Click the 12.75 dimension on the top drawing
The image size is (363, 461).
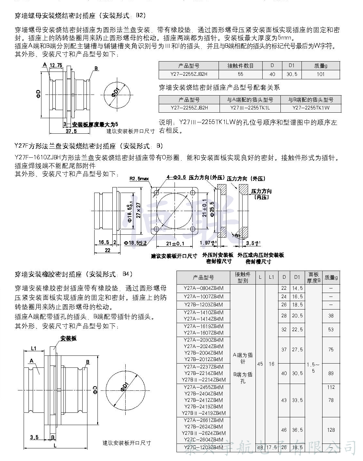coord(56,65)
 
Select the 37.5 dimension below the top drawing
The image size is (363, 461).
coord(71,131)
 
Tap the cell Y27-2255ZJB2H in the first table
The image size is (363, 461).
coord(189,74)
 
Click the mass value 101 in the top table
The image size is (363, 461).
coord(321,74)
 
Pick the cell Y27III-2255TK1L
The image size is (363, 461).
coord(250,108)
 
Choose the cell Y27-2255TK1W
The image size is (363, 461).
coord(311,108)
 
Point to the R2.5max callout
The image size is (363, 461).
coord(139,178)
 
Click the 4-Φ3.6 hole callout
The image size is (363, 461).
coord(176,177)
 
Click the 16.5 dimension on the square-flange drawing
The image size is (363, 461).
coord(104,242)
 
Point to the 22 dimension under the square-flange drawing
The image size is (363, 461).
coord(108,250)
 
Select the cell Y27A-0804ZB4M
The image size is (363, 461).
coord(203,288)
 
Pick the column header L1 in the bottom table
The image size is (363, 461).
coord(271,277)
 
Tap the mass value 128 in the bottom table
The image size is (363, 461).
coord(331,430)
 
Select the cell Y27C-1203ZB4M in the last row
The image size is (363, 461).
coord(203,448)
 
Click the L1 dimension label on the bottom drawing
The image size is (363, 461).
coord(34,348)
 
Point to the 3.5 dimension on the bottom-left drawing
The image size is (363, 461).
coord(34,437)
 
